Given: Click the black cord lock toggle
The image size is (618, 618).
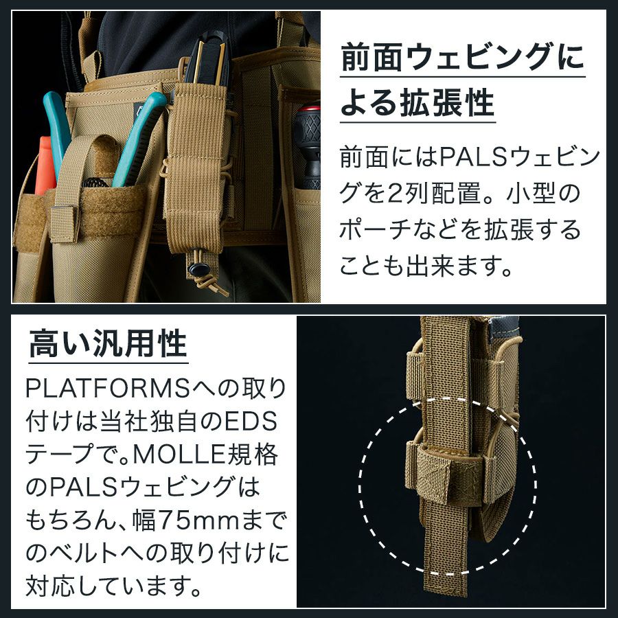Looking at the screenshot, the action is [197, 270].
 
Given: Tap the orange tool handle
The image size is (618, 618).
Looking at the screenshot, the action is [44, 165].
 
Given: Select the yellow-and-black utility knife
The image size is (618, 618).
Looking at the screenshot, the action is [208, 59].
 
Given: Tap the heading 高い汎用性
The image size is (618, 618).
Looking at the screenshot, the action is [108, 344].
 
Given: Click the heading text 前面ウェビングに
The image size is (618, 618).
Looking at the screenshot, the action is [463, 58].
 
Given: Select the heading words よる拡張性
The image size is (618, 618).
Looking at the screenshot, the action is [417, 102].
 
